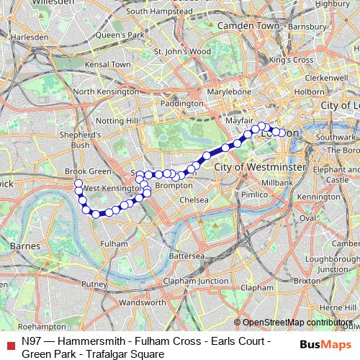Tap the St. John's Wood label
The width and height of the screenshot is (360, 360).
[x=184, y=52]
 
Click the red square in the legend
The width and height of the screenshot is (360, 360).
[x=9, y=341]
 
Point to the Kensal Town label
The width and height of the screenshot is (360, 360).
[x=107, y=64]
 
